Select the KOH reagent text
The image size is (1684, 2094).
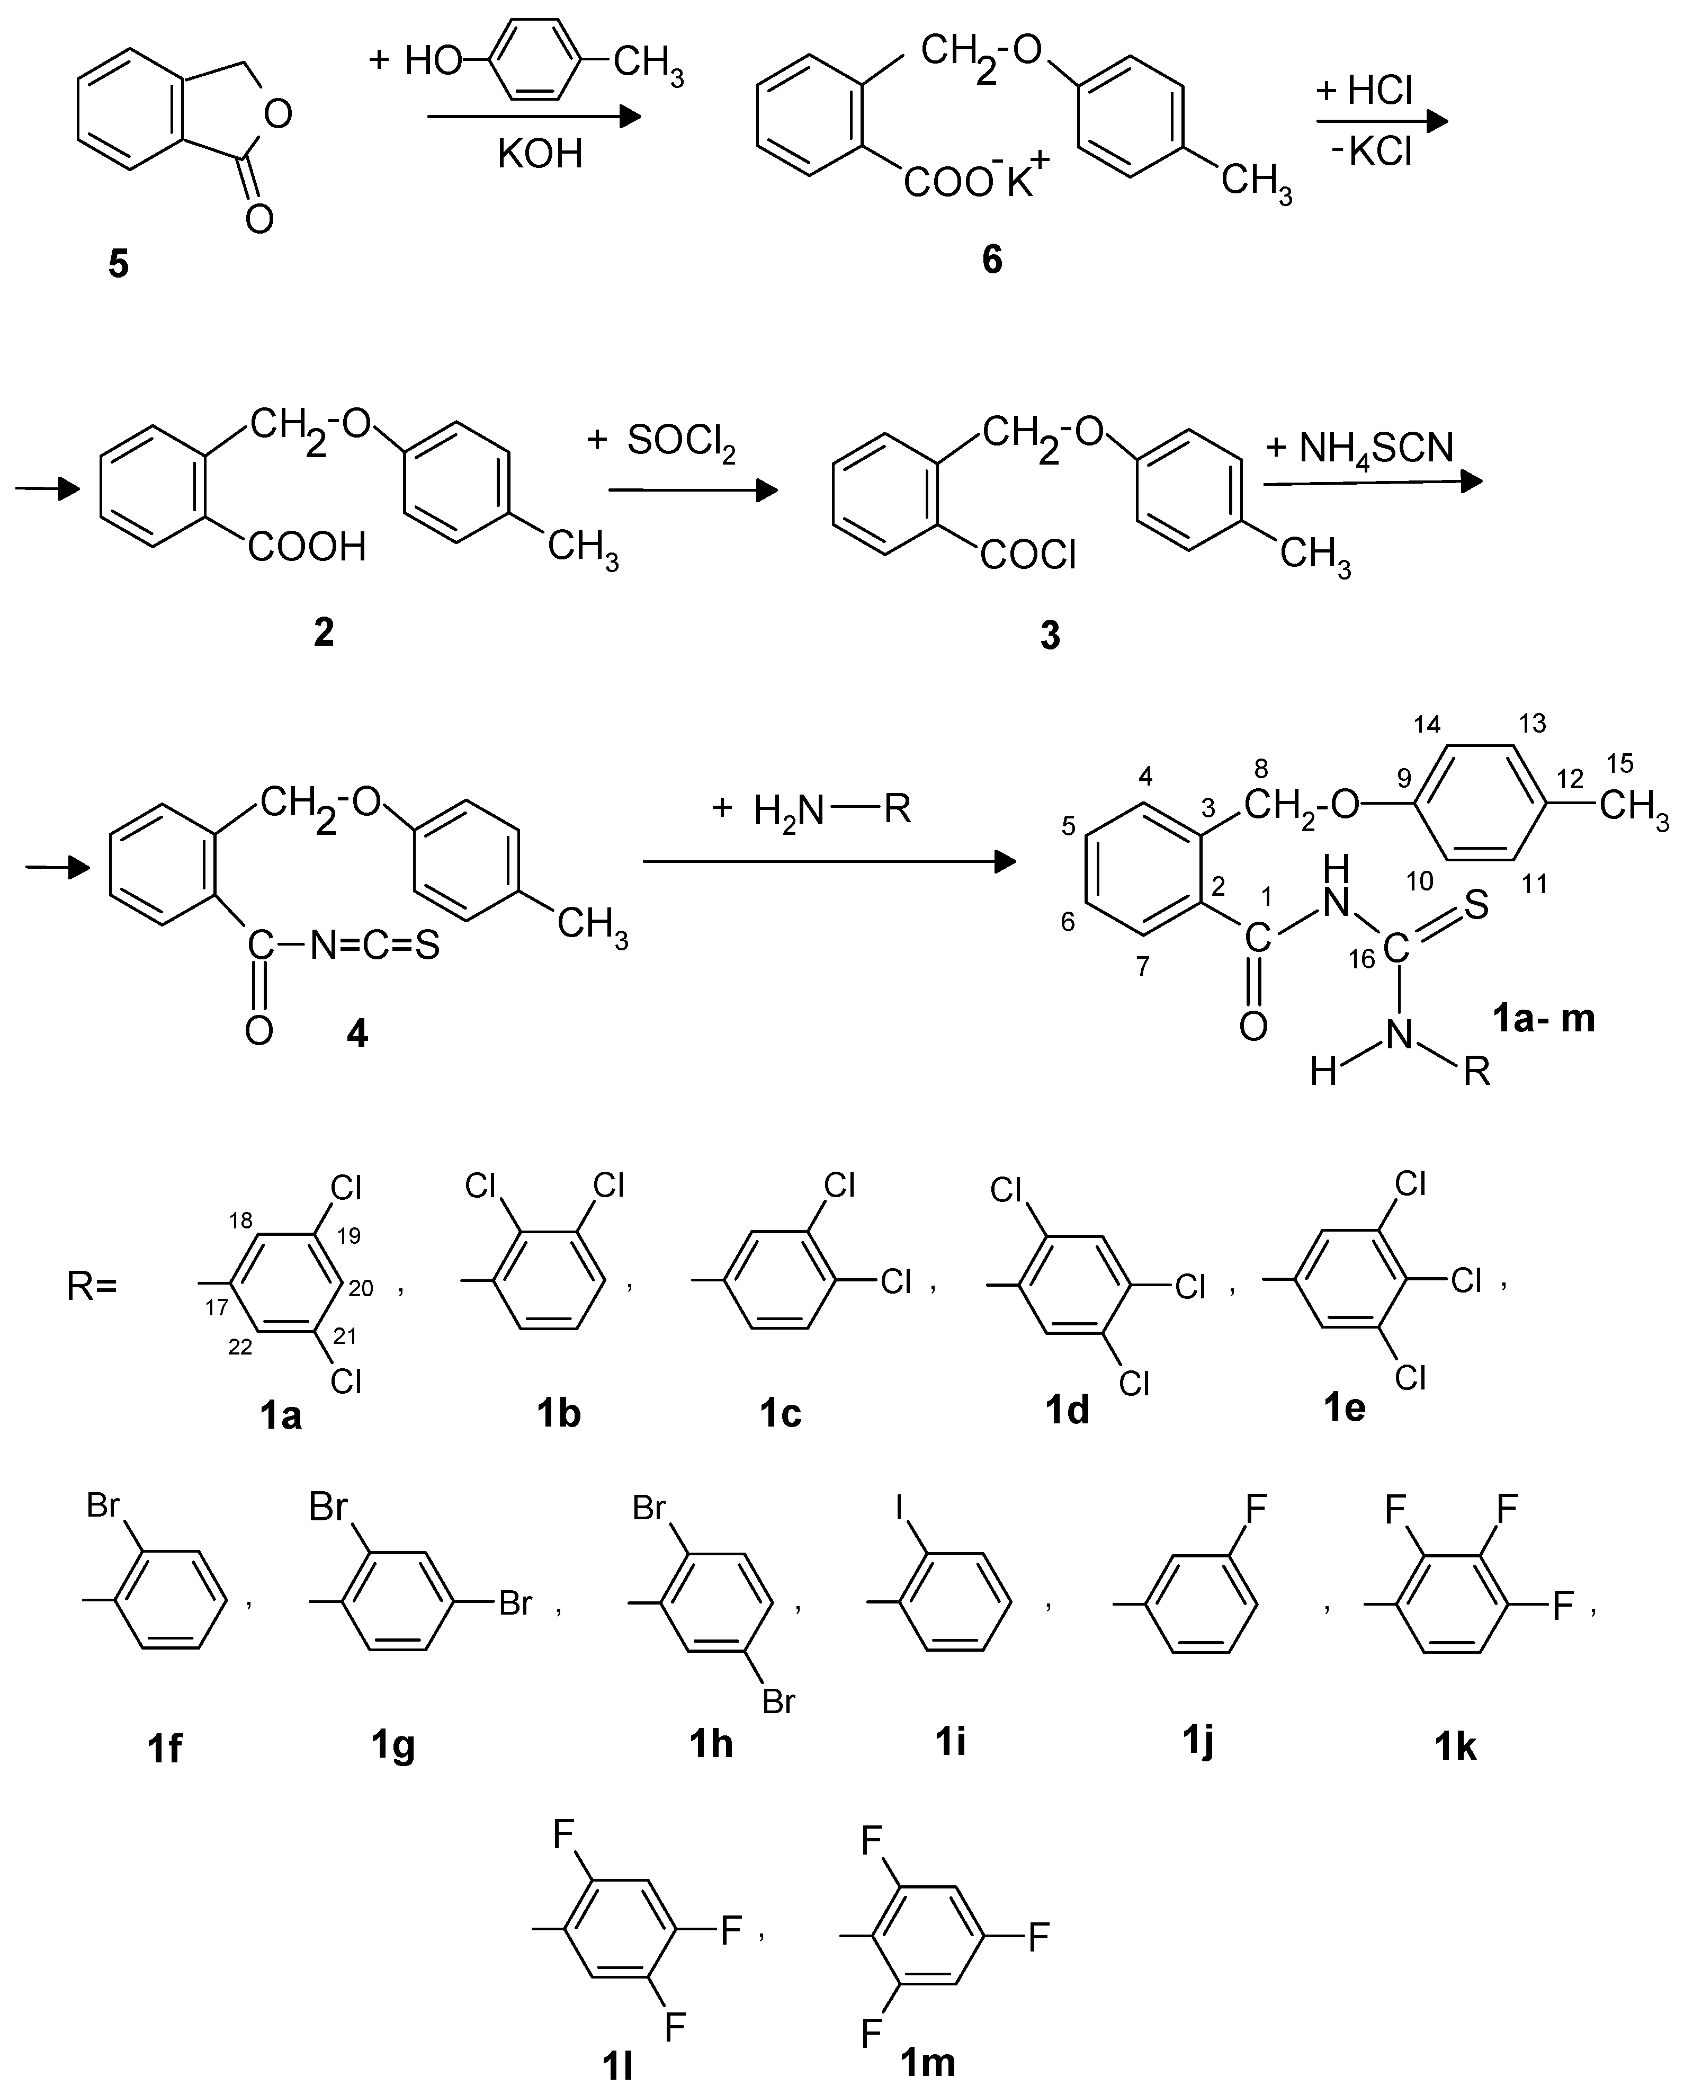tap(540, 154)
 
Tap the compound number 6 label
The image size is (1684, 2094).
tap(991, 260)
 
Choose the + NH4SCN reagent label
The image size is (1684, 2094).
tap(1359, 449)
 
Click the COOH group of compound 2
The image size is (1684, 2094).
tap(307, 547)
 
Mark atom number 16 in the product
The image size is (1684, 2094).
tap(1361, 959)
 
